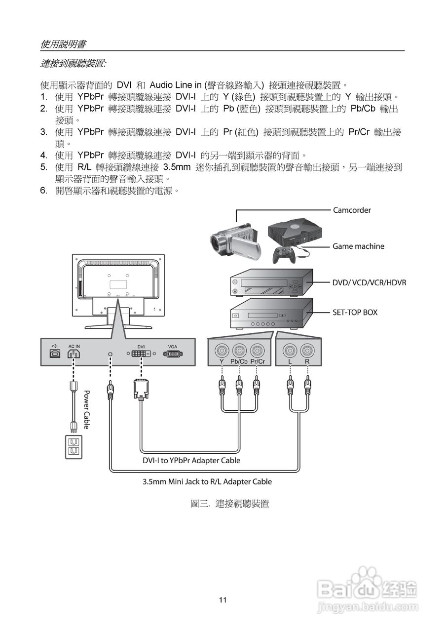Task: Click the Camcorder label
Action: pyautogui.click(x=352, y=210)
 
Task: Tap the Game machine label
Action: pyautogui.click(x=358, y=246)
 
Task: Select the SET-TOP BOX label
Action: pyautogui.click(x=355, y=312)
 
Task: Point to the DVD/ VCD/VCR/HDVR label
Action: pyautogui.click(x=369, y=282)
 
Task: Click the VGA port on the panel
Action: pyautogui.click(x=173, y=354)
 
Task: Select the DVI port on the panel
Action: pyautogui.click(x=141, y=354)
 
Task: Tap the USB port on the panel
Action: pyautogui.click(x=54, y=354)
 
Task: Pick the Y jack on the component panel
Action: pyautogui.click(x=222, y=351)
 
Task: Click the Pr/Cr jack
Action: pyautogui.click(x=257, y=351)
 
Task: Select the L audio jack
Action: pyautogui.click(x=290, y=351)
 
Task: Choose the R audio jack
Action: pyautogui.click(x=307, y=351)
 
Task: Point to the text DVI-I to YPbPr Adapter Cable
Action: pyautogui.click(x=191, y=461)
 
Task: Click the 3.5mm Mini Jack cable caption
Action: pyautogui.click(x=207, y=481)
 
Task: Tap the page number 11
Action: pyautogui.click(x=223, y=600)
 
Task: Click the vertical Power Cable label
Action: pyautogui.click(x=86, y=409)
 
